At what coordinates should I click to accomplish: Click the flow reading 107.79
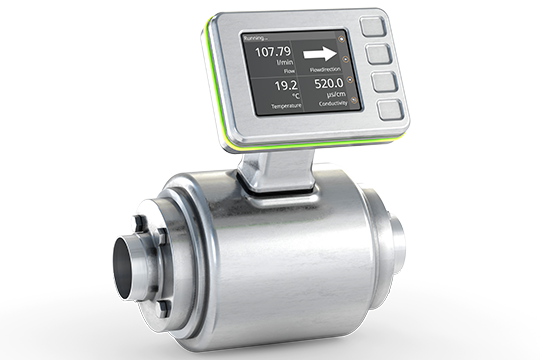(271, 51)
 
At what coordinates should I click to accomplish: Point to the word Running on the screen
(256, 38)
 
